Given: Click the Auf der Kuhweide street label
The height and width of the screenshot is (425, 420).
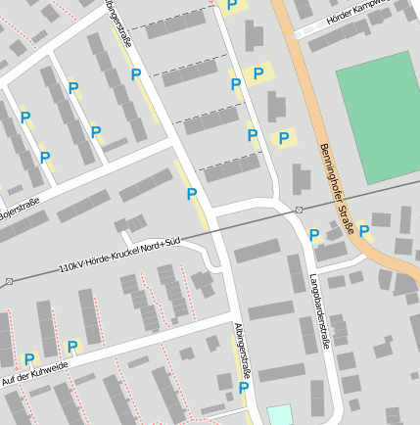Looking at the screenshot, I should pos(34,372).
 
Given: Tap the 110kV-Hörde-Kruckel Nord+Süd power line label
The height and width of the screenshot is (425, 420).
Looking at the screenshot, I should pos(120,254).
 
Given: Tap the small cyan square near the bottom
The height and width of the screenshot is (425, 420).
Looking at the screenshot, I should pos(280,414).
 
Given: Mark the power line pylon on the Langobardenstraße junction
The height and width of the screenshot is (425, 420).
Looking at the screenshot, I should pos(299,210).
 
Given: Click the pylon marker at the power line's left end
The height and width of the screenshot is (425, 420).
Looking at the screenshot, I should pos(9,281).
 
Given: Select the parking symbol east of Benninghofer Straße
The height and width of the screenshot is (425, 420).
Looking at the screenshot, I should pos(364,232).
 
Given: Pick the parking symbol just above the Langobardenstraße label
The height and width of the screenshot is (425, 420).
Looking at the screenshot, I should pos(314,235).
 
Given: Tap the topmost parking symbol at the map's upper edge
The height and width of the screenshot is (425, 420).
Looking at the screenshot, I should pos(231,6).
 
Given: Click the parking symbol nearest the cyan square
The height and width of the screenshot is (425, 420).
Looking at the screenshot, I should pos(244,388).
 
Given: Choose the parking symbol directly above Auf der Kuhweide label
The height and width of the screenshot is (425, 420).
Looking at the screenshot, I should pos(29,359).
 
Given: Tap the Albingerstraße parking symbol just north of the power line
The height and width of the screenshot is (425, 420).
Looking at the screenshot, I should pos(192,194).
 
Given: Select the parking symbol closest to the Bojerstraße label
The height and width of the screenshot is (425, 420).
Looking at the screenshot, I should pos(45,157).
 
